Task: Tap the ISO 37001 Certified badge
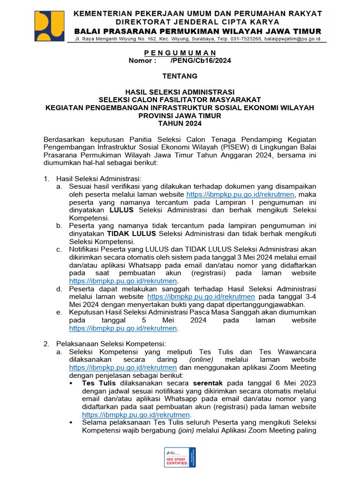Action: coord(180,457)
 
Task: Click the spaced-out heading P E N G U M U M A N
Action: coord(180,52)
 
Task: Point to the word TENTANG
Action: coord(180,76)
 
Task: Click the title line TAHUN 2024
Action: coord(180,123)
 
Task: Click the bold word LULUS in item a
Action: coord(122,210)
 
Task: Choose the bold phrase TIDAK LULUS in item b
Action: coord(132,233)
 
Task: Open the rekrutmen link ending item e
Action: coord(124,328)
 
